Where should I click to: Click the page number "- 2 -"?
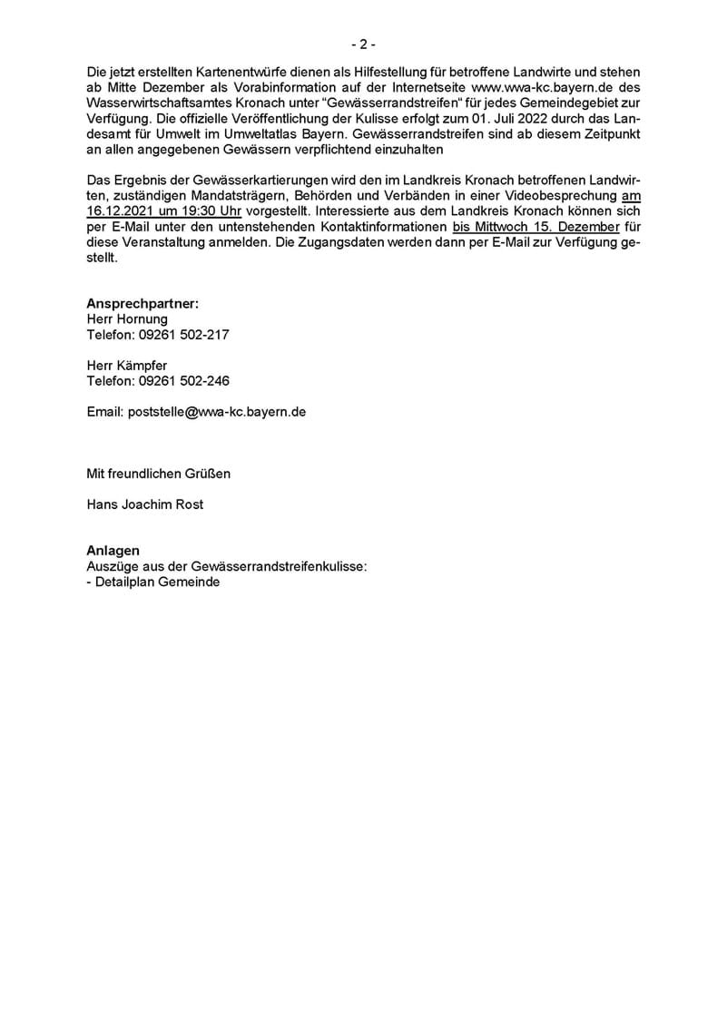pyautogui.click(x=363, y=44)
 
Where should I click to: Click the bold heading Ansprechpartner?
pyautogui.click(x=142, y=303)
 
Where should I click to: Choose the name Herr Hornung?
pyautogui.click(x=127, y=318)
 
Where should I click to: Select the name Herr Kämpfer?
pyautogui.click(x=126, y=366)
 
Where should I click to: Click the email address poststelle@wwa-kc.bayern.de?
pyautogui.click(x=196, y=412)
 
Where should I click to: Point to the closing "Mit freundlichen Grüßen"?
pyautogui.click(x=158, y=473)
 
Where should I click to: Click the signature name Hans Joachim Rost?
pyautogui.click(x=144, y=504)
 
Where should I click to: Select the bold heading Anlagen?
pyautogui.click(x=113, y=551)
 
